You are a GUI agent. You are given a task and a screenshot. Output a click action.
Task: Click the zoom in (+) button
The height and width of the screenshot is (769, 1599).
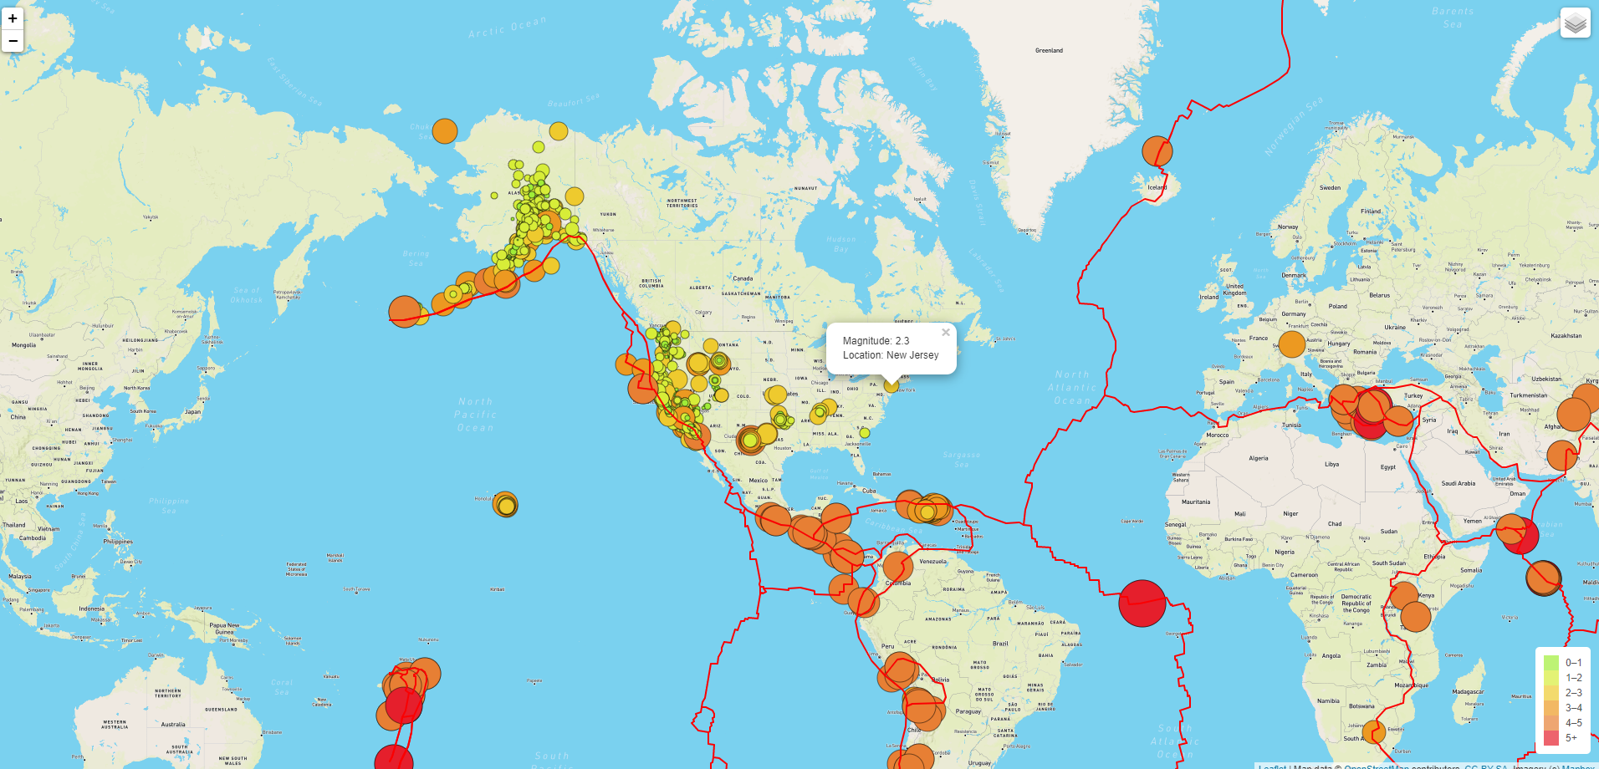coord(13,18)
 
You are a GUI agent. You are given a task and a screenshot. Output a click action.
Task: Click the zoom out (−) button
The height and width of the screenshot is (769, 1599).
coord(13,40)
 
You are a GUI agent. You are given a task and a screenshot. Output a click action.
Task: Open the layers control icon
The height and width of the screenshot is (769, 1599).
coord(1575,23)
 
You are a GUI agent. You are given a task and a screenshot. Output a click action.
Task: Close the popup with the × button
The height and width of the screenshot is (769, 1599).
coord(946,333)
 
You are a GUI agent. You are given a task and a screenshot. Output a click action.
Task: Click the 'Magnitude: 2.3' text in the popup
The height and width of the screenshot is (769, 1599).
coord(876,341)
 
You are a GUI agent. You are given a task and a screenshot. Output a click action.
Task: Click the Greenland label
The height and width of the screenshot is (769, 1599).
coord(1049,51)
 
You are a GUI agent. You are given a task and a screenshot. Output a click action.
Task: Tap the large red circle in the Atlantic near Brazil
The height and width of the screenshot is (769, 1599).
coord(1142,603)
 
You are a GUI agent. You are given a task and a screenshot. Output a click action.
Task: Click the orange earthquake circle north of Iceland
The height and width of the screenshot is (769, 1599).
coord(1157,151)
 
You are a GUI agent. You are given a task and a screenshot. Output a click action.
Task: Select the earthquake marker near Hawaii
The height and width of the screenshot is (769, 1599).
coord(505,505)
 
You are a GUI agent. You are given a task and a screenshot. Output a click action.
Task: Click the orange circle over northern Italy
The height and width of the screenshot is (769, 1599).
coord(1292,344)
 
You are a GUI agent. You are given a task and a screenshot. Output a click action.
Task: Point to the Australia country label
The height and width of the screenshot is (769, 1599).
coord(173,725)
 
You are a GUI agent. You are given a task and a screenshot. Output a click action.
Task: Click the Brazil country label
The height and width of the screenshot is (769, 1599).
coord(1000,644)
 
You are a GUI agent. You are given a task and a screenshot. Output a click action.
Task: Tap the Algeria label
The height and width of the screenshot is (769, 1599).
coord(1258,458)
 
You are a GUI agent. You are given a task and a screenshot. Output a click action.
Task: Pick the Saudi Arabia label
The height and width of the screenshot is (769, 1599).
coord(1458,483)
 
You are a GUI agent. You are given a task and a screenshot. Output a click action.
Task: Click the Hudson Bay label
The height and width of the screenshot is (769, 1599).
coord(840,243)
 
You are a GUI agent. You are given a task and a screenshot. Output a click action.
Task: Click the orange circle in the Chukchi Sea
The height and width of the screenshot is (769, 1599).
coord(445,131)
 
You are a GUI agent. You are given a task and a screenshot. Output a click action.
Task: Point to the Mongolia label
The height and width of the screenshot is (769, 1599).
coord(23,345)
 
